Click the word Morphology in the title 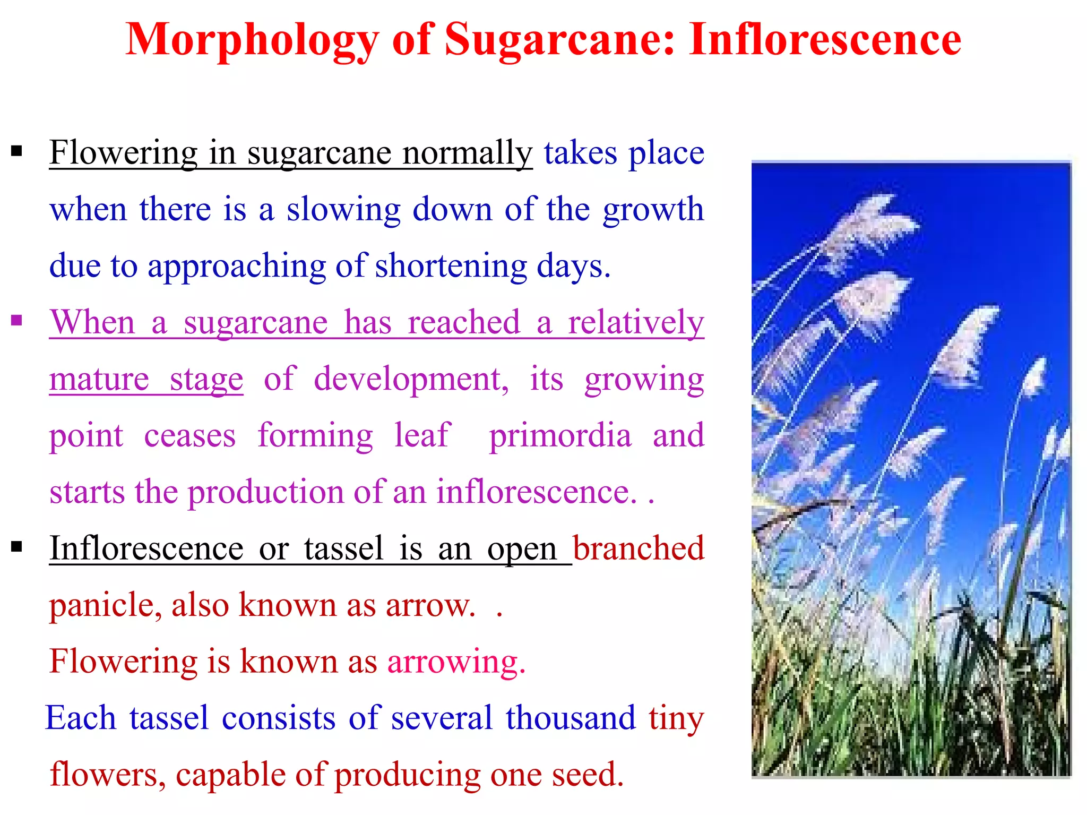point(252,41)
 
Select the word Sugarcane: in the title point(560,41)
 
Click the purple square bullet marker point(17,320)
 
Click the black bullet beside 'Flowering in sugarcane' point(17,152)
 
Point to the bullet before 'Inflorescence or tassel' point(17,546)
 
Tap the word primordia point(560,435)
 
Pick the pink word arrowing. point(456,662)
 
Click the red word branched point(639,548)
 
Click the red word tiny point(676,719)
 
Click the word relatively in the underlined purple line point(635,322)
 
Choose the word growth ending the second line point(653,210)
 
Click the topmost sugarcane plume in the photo point(870,223)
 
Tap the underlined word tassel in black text point(343,548)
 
